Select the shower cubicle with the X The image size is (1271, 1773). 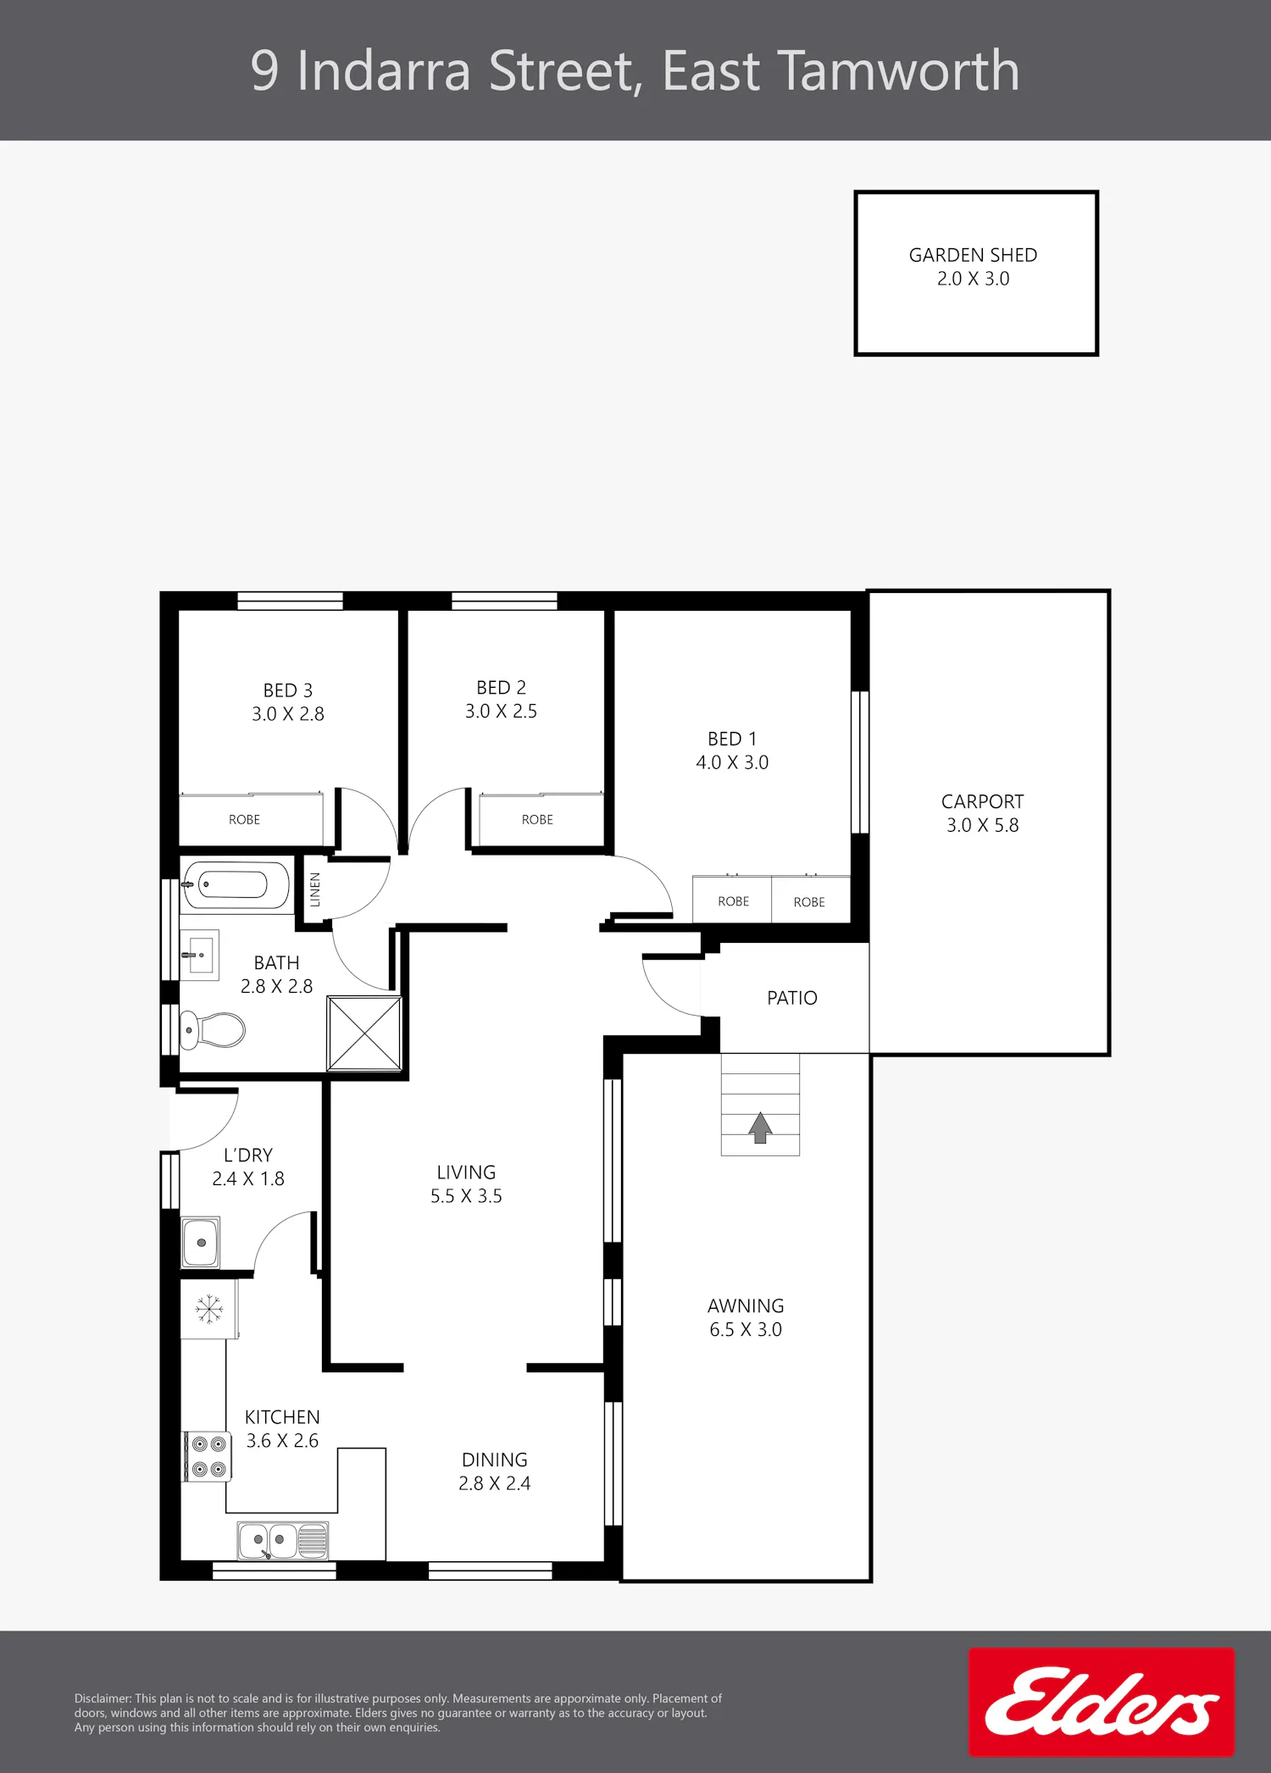(364, 1033)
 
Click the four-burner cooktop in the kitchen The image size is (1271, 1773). (208, 1457)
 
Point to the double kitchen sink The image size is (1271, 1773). (283, 1540)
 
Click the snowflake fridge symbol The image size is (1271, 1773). (208, 1309)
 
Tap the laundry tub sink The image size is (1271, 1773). (201, 1243)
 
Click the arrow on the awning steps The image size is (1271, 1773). (760, 1128)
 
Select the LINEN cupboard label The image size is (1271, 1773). (315, 889)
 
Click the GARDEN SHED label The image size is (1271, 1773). (973, 255)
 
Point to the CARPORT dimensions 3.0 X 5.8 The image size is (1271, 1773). (983, 825)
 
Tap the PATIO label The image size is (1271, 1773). (792, 998)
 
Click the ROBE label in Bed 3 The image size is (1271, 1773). (244, 820)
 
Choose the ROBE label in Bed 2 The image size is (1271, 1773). (537, 820)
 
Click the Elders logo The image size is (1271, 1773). (1102, 1702)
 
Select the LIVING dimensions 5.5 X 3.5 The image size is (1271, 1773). (466, 1196)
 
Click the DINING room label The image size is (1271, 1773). (495, 1460)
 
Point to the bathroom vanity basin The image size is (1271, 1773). (201, 955)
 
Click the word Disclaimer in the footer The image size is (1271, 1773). (103, 1698)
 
